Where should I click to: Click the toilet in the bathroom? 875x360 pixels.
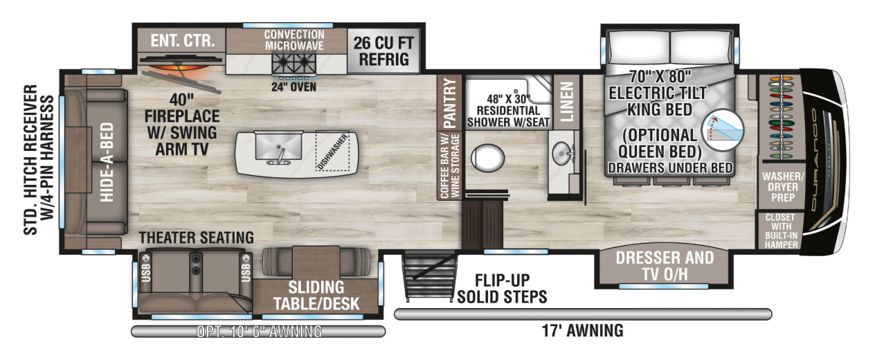pyautogui.click(x=487, y=158)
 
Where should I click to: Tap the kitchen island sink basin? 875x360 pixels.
pyautogui.click(x=278, y=145)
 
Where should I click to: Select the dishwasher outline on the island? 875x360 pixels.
pyautogui.click(x=332, y=151)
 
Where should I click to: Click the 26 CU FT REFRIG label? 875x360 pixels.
pyautogui.click(x=384, y=51)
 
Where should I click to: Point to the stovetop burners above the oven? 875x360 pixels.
pyautogui.click(x=294, y=64)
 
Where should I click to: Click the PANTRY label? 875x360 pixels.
pyautogui.click(x=449, y=102)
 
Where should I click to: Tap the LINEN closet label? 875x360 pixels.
pyautogui.click(x=567, y=102)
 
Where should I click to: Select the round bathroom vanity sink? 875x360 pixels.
pyautogui.click(x=563, y=153)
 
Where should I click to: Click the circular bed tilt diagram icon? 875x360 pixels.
pyautogui.click(x=723, y=130)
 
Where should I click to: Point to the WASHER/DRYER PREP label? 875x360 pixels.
pyautogui.click(x=783, y=187)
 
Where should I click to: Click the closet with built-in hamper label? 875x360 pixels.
pyautogui.click(x=781, y=231)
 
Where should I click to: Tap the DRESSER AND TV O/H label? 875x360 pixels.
pyautogui.click(x=665, y=266)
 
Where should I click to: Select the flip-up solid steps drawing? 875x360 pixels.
pyautogui.click(x=430, y=277)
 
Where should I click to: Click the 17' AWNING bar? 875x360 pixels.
pyautogui.click(x=583, y=314)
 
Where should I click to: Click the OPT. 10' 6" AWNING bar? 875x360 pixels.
pyautogui.click(x=258, y=332)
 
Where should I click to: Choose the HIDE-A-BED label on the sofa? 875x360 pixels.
pyautogui.click(x=107, y=162)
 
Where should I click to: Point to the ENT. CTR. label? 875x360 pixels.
pyautogui.click(x=183, y=41)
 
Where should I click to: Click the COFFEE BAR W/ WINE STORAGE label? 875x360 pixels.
pyautogui.click(x=449, y=166)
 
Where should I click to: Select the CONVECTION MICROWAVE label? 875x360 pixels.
pyautogui.click(x=294, y=40)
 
